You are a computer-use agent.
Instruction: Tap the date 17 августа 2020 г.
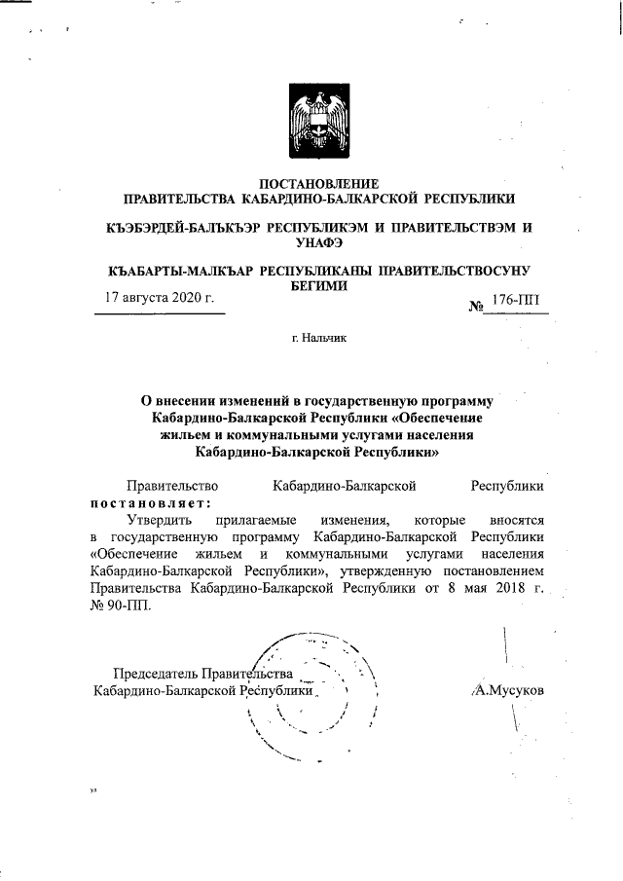[159, 297]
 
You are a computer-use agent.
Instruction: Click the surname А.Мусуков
[506, 689]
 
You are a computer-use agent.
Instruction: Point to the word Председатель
[155, 673]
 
